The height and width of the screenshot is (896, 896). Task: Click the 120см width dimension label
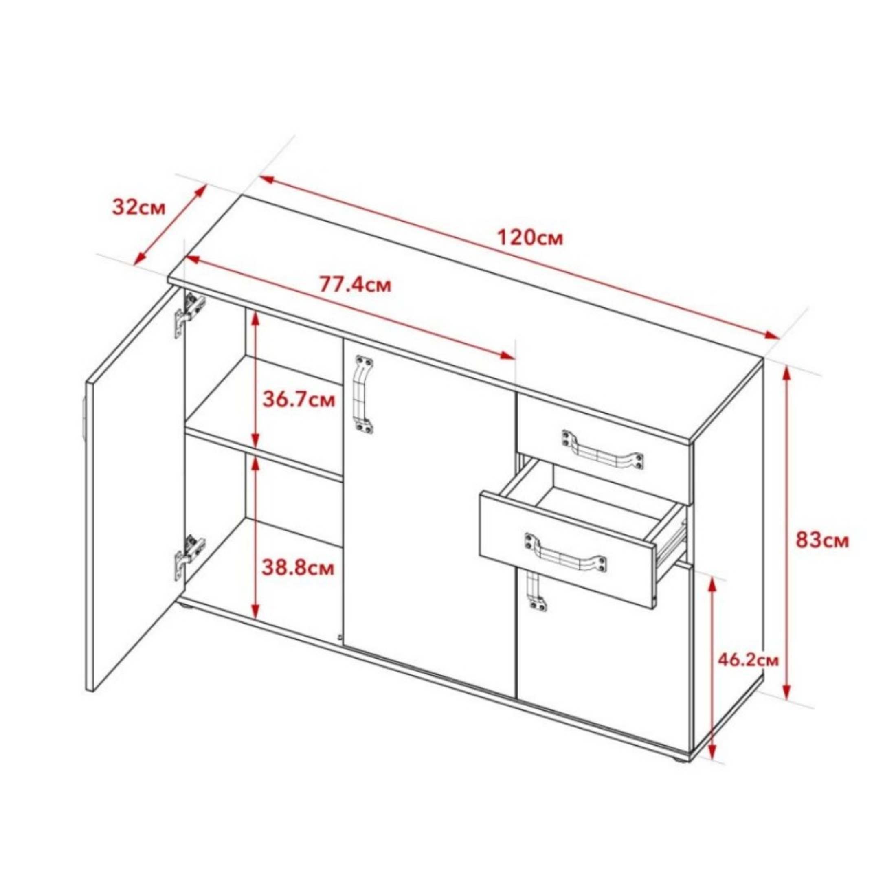(x=530, y=238)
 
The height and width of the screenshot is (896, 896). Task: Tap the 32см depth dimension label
(x=138, y=208)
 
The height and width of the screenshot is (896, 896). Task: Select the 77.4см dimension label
(x=355, y=284)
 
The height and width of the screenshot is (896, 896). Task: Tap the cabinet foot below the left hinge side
(x=185, y=604)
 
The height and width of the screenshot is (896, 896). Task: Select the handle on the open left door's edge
(x=83, y=420)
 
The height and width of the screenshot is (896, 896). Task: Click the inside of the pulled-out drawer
(x=598, y=503)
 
